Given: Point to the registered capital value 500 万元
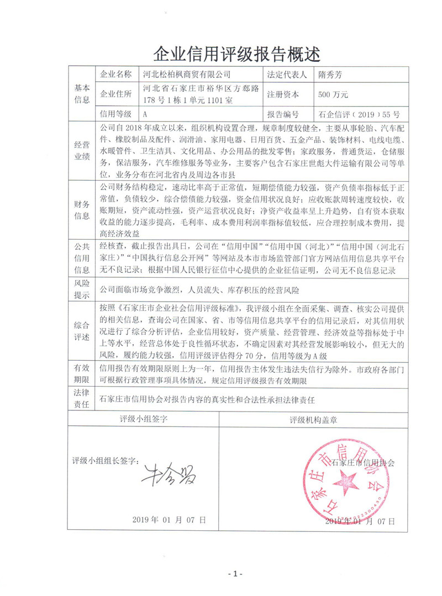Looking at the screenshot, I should click(x=333, y=94).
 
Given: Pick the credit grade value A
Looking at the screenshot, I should click(x=145, y=115).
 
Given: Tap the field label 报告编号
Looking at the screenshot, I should click(x=283, y=115).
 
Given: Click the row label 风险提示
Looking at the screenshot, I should click(x=81, y=289).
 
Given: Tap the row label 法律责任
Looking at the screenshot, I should click(x=81, y=398).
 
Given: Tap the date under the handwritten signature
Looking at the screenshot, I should click(x=169, y=520).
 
